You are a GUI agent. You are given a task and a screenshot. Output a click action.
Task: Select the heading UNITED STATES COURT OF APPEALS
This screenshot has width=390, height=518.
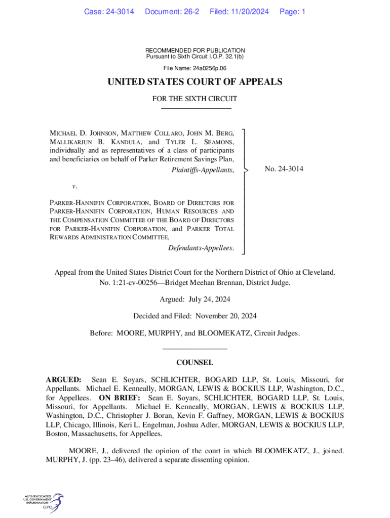(x=195, y=82)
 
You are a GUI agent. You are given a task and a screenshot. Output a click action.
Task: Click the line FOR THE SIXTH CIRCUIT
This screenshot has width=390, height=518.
(x=195, y=99)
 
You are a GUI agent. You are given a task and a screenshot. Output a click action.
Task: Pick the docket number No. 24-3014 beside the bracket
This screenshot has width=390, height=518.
(x=284, y=169)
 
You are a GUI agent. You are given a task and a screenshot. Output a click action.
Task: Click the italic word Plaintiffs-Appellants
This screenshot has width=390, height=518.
(x=203, y=170)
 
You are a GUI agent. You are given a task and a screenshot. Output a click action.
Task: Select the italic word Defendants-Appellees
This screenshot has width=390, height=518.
(x=201, y=248)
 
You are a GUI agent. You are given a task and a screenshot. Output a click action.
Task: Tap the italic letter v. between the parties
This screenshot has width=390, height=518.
(x=74, y=186)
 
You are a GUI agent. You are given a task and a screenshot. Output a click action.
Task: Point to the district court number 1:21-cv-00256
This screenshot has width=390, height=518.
(x=132, y=282)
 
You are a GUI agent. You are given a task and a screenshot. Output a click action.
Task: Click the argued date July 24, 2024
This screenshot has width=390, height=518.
(x=209, y=299)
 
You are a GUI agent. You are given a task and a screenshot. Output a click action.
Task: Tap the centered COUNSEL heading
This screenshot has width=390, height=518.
(x=194, y=363)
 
